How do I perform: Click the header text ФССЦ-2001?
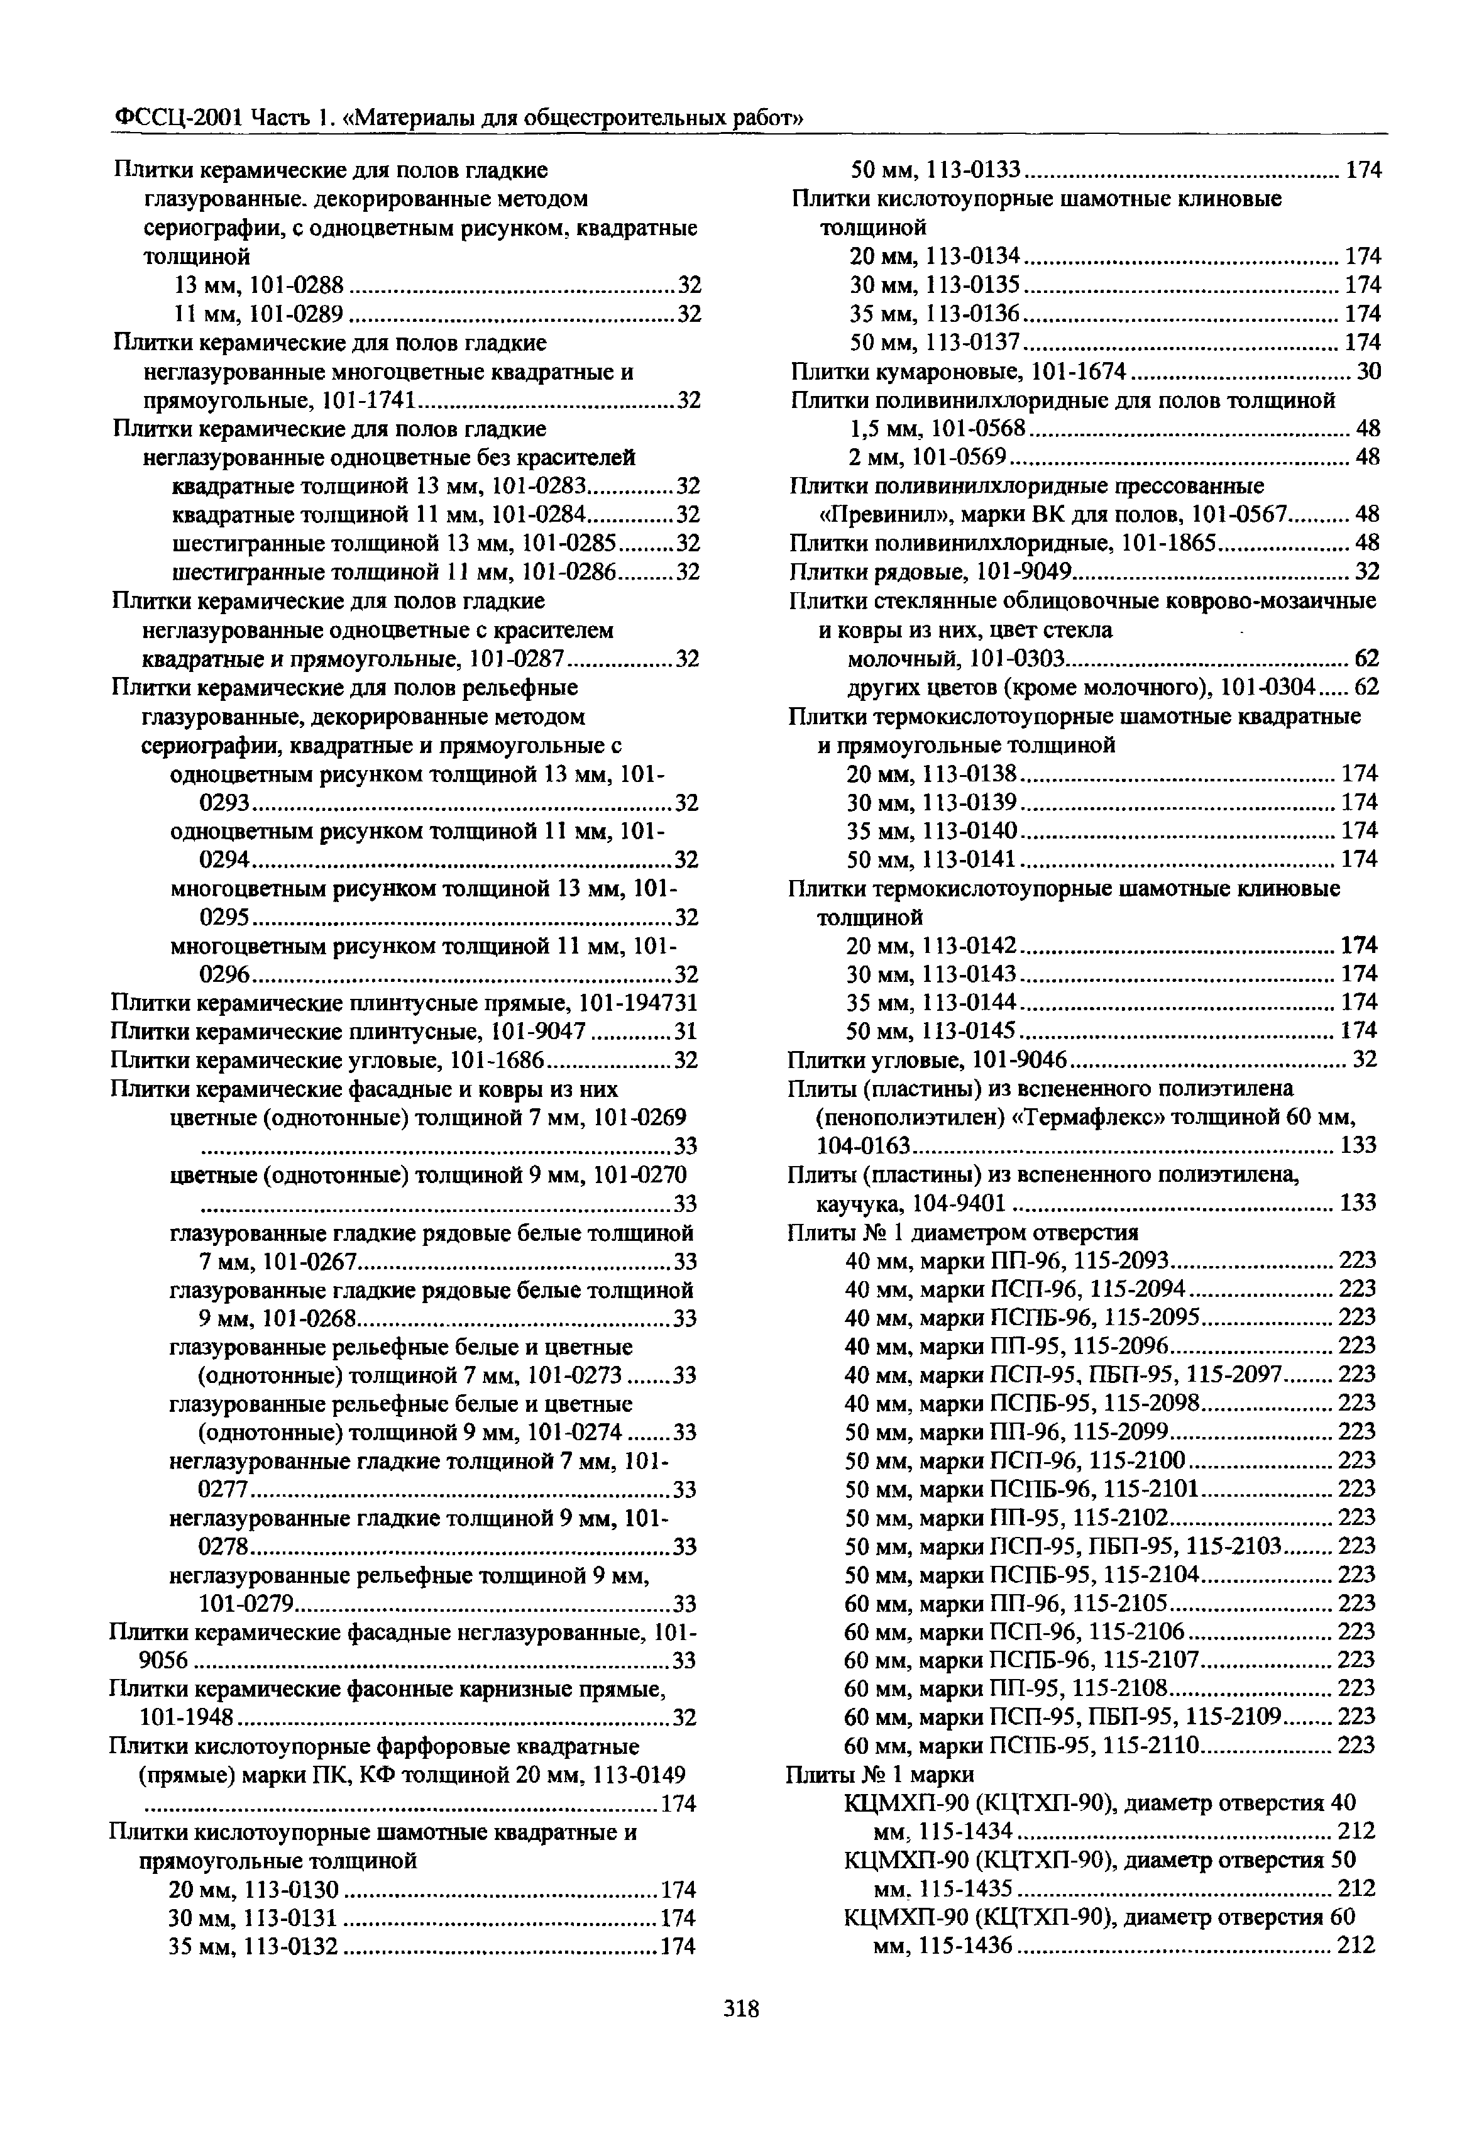click(165, 118)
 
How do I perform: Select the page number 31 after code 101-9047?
click(685, 1032)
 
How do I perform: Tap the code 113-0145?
click(970, 1030)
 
